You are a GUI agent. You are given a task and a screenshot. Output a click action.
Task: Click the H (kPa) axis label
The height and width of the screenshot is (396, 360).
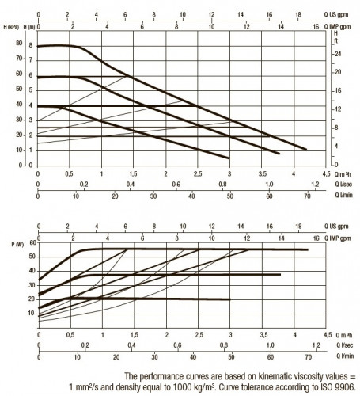[11, 27]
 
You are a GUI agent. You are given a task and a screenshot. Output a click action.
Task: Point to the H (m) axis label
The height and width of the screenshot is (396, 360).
[29, 27]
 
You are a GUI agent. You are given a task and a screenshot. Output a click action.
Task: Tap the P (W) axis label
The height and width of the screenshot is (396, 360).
[17, 245]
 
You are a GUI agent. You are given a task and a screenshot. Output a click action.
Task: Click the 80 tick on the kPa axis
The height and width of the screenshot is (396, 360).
[19, 43]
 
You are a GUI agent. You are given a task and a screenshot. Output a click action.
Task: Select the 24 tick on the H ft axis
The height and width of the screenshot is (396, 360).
[338, 54]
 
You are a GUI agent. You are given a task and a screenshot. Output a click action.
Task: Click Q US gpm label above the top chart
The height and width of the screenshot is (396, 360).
[336, 15]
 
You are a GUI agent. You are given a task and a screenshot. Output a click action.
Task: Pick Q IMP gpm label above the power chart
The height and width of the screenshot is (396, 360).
[337, 238]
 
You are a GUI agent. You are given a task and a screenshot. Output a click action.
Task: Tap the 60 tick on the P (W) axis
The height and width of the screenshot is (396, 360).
[32, 242]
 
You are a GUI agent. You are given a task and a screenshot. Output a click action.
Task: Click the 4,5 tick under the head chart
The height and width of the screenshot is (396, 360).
[326, 174]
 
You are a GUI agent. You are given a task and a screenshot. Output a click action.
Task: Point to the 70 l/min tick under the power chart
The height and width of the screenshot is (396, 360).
[309, 357]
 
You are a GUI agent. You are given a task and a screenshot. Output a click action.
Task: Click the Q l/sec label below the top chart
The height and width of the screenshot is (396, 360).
[343, 185]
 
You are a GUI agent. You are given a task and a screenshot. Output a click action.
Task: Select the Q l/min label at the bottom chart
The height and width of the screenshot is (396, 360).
[345, 356]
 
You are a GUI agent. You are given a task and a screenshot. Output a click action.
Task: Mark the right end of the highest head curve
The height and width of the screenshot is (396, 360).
[306, 150]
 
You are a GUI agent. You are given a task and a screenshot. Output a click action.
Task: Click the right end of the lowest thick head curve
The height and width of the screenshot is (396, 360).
[229, 158]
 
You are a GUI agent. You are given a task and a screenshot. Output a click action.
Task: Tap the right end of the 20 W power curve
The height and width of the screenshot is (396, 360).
[229, 299]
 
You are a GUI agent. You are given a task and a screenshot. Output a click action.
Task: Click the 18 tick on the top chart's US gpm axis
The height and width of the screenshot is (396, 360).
[298, 14]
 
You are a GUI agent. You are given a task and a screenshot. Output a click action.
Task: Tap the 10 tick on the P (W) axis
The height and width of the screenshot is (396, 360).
[31, 313]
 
